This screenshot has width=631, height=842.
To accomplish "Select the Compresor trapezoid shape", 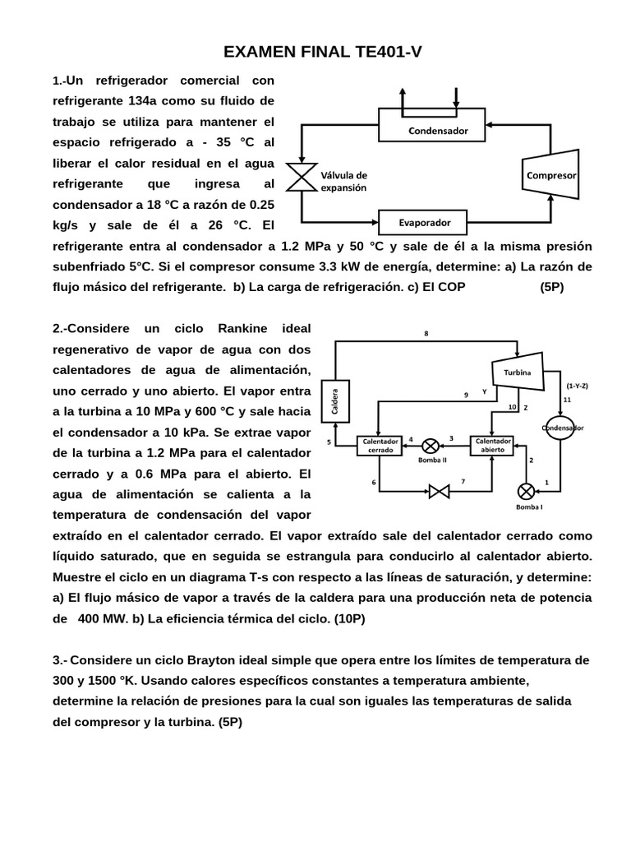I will coord(550,175).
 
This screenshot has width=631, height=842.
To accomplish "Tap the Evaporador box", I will coord(424,222).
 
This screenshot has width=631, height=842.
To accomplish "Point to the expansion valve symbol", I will coord(301,176).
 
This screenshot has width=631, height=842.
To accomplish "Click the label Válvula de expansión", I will coord(343,181).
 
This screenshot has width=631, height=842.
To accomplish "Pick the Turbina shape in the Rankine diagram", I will coord(518,372).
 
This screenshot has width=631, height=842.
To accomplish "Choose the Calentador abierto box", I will coord(491,445).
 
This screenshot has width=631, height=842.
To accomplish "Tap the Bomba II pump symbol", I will coord(431,446).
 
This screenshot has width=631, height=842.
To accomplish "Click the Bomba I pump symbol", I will coord(526,492).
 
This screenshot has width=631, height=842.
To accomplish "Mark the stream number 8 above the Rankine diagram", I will coord(426,333).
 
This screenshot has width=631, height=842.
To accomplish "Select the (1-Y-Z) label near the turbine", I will coord(577,385).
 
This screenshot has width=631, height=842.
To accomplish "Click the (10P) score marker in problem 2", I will coord(349,618).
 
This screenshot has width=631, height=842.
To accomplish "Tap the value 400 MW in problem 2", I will coord(101,618).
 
